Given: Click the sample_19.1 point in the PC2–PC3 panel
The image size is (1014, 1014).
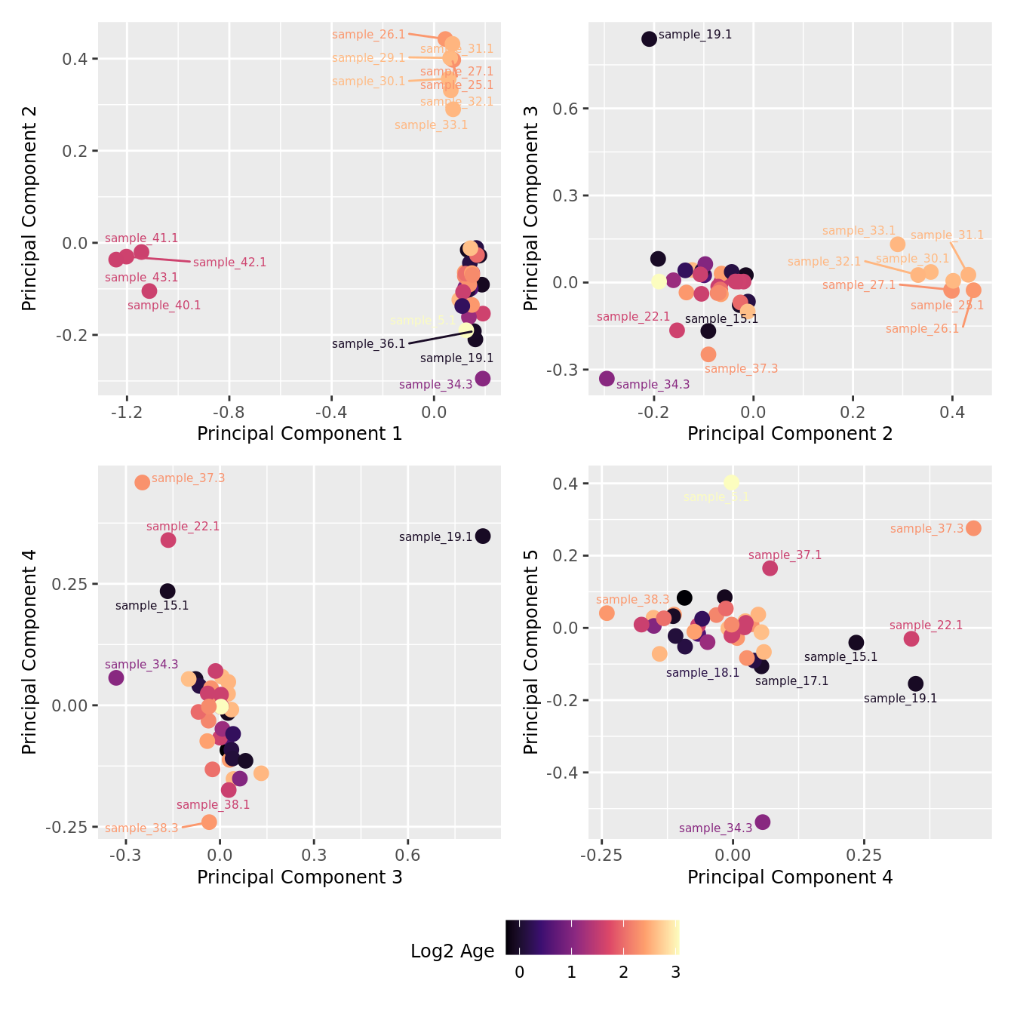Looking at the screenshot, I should tap(649, 38).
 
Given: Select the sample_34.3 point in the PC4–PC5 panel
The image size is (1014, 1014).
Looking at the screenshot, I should tap(762, 822).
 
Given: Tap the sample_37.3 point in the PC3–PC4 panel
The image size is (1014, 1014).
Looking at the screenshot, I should tap(142, 482).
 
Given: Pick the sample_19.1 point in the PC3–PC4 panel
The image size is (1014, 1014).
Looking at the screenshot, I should tap(483, 536).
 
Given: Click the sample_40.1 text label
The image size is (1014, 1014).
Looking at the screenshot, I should tap(164, 306).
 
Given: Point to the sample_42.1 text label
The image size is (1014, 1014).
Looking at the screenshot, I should tap(229, 263).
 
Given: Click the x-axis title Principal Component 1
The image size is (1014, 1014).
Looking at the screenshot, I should tap(300, 434).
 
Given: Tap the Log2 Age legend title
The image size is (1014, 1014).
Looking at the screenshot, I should tap(452, 951).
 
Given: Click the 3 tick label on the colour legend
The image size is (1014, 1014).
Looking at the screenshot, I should tap(675, 973).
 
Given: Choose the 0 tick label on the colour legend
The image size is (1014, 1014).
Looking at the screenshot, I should tap(519, 973).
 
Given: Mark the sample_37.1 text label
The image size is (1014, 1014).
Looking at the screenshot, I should tap(785, 555).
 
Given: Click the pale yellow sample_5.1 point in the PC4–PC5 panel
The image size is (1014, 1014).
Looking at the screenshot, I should tap(731, 482).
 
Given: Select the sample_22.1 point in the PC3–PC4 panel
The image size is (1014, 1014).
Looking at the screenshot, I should tap(168, 539).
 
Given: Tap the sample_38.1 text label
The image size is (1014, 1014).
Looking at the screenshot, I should tap(213, 805).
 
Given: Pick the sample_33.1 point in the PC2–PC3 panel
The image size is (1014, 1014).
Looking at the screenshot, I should tap(897, 244).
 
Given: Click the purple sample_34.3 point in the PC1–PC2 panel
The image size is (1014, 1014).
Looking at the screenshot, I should tap(483, 378).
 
